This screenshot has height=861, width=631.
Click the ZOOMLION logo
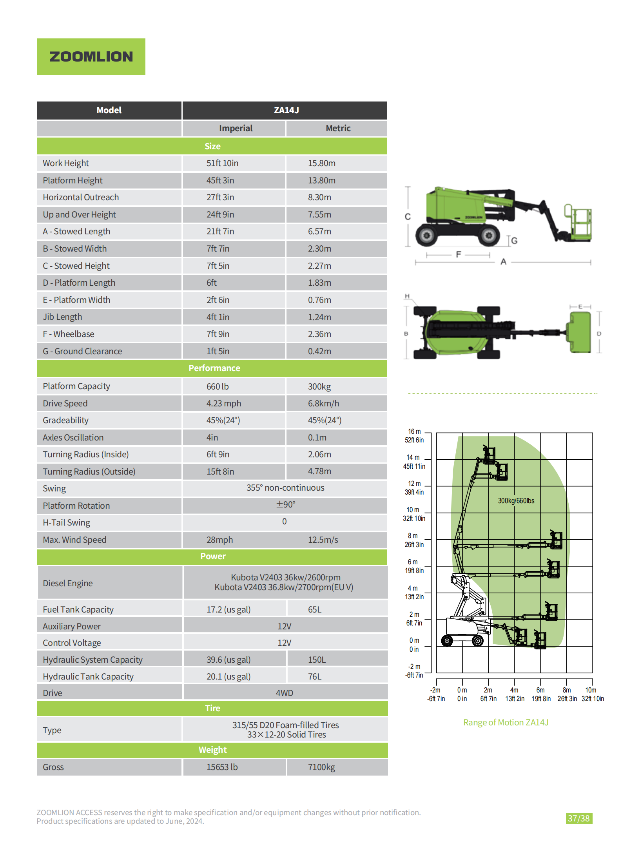[91, 56]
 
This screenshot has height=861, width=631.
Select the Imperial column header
[236, 128]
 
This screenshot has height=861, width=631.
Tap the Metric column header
[338, 128]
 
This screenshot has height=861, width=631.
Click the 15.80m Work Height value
[321, 163]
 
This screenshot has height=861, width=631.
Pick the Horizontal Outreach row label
[81, 197]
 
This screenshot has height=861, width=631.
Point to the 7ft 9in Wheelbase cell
[218, 334]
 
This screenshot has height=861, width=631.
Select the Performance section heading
[214, 368]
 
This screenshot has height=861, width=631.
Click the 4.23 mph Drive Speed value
[223, 403]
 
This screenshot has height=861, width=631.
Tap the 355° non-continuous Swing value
[285, 488]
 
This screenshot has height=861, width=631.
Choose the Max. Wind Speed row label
[74, 540]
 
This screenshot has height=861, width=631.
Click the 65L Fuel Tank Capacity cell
[314, 609]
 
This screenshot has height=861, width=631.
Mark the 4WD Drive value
[284, 693]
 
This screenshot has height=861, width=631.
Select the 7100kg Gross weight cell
[321, 767]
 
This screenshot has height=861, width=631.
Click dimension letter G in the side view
[514, 241]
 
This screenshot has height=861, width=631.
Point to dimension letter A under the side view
[503, 262]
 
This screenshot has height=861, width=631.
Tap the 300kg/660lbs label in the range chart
[516, 500]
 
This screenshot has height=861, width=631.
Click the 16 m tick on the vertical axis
[414, 431]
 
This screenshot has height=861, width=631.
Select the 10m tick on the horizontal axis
[591, 690]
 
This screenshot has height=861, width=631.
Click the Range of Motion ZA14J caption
[506, 722]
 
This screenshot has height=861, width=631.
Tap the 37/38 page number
[578, 818]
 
